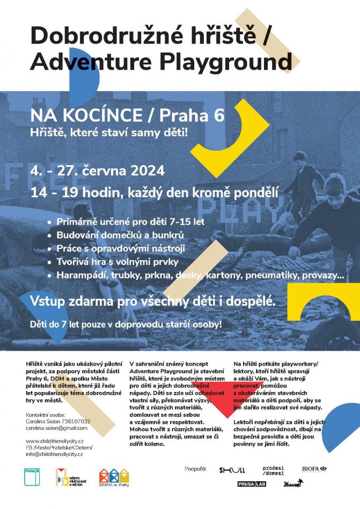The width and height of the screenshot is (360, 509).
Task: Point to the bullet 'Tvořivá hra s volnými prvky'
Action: pyautogui.click(x=120, y=262)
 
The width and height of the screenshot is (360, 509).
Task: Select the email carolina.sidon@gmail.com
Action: pyautogui.click(x=56, y=428)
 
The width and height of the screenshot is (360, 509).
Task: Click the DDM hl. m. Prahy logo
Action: pyautogui.click(x=114, y=478)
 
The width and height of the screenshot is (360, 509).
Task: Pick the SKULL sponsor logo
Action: pyautogui.click(x=232, y=470)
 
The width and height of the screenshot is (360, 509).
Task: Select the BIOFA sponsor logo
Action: pyautogui.click(x=313, y=469)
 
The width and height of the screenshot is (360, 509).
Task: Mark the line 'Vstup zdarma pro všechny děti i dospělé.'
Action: pyautogui.click(x=153, y=301)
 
